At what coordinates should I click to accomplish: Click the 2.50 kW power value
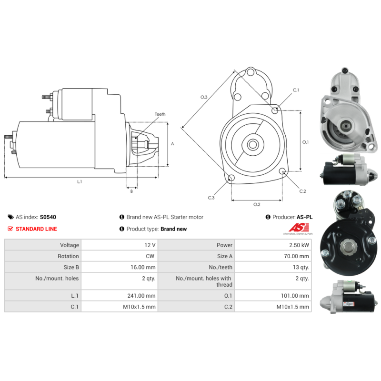(299, 245)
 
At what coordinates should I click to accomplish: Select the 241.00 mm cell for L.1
(141, 296)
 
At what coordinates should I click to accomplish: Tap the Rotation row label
(68, 256)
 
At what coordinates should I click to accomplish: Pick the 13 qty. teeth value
(301, 267)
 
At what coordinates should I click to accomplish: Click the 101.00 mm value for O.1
(295, 296)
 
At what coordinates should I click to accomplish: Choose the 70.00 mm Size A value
(296, 256)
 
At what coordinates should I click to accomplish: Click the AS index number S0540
(48, 217)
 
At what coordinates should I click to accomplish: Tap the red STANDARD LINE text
(37, 229)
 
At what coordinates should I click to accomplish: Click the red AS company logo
(299, 228)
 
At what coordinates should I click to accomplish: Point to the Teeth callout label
(160, 114)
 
